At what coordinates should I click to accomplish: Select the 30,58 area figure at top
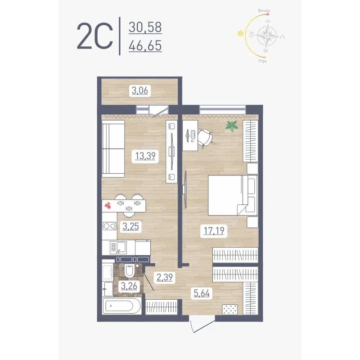click(x=145, y=27)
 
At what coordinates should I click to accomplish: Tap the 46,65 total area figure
click(x=145, y=46)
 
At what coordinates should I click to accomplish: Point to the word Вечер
click(x=264, y=10)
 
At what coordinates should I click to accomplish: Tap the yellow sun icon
click(x=241, y=33)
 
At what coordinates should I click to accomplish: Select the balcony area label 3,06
click(x=139, y=90)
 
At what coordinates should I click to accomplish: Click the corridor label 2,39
click(x=163, y=276)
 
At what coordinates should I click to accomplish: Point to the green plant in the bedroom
click(x=232, y=126)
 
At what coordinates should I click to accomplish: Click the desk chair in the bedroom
click(x=206, y=137)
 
